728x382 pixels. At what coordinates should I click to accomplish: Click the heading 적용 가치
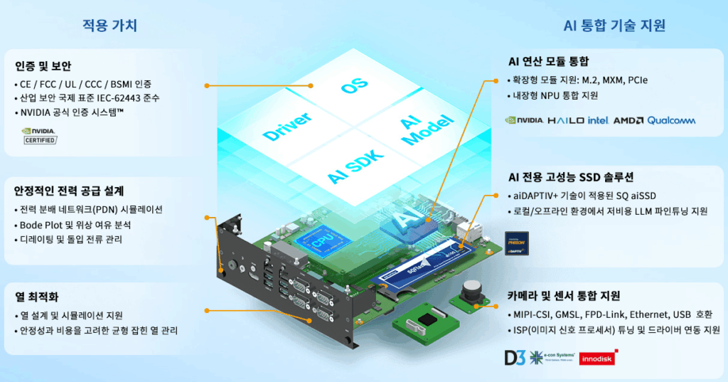109,26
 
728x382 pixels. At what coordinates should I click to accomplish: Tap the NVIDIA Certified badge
40,135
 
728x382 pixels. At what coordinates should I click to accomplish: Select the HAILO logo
566,120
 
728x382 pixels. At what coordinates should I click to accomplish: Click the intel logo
598,120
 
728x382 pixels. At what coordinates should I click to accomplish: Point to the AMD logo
628,120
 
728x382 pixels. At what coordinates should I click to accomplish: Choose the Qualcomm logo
671,120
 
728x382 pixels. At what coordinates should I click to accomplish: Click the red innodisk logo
597,359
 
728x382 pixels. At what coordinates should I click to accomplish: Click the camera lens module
471,292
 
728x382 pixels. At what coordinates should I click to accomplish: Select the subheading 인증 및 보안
43,66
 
